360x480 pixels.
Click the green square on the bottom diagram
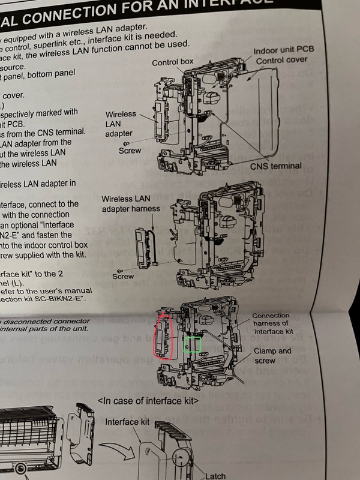tap(192, 344)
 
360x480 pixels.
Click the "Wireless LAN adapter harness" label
tap(131, 203)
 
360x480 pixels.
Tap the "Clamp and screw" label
tap(272, 356)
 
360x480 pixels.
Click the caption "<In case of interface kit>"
tap(148, 400)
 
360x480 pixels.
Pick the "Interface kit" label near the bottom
tap(126, 422)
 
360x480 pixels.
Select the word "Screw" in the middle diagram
tap(124, 277)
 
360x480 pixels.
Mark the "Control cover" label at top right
tap(282, 60)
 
